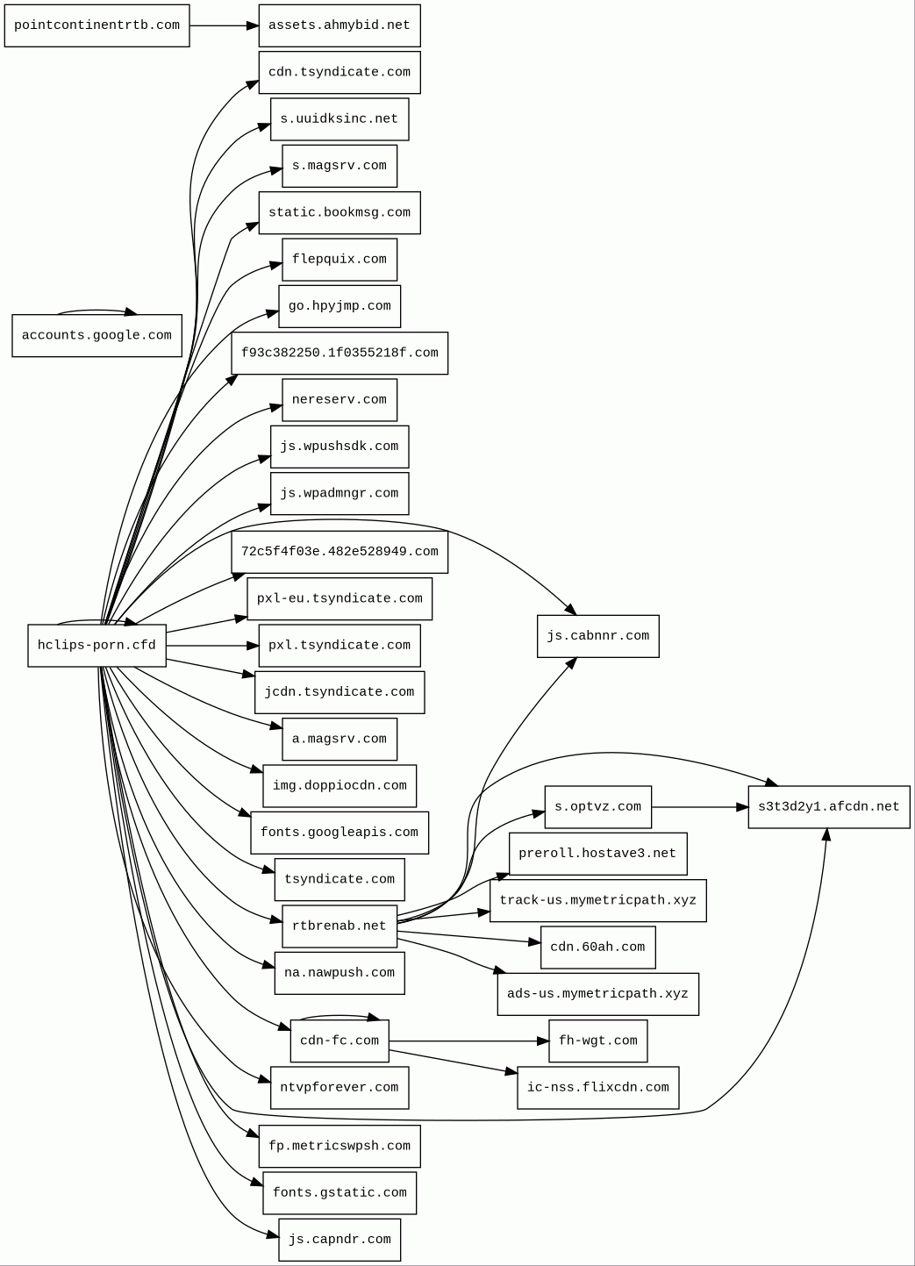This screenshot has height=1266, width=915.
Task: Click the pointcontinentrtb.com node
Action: pyautogui.click(x=97, y=25)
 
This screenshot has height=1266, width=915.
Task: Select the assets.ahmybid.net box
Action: pyautogui.click(x=340, y=25)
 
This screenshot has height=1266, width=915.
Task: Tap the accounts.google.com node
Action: pyautogui.click(x=97, y=335)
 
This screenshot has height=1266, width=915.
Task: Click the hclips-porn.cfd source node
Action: pyautogui.click(x=97, y=645)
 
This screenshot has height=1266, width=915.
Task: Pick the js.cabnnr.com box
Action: pyautogui.click(x=597, y=636)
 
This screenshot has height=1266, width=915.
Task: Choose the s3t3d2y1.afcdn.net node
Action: pyautogui.click(x=828, y=806)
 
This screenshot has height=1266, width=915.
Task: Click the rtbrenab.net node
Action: pyautogui.click(x=340, y=926)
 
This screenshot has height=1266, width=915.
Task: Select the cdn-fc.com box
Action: pyautogui.click(x=340, y=1041)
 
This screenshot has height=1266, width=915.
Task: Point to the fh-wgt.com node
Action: pyautogui.click(x=597, y=1041)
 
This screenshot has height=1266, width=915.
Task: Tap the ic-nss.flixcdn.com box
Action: pyautogui.click(x=597, y=1087)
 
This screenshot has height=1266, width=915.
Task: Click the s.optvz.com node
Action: pyautogui.click(x=597, y=806)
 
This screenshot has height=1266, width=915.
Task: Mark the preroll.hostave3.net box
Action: pyautogui.click(x=597, y=853)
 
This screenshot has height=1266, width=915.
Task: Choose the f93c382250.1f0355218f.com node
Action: pyautogui.click(x=340, y=353)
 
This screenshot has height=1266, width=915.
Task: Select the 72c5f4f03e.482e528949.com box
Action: pyautogui.click(x=340, y=552)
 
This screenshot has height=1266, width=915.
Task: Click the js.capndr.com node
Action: pyautogui.click(x=340, y=1239)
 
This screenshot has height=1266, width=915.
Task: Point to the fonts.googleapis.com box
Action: pyautogui.click(x=340, y=832)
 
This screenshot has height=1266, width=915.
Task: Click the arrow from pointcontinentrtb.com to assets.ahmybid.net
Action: pyautogui.click(x=224, y=25)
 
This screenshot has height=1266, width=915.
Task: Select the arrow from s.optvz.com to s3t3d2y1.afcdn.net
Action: pyautogui.click(x=699, y=806)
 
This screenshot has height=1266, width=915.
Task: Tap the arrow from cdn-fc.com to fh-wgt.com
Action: pyautogui.click(x=468, y=1041)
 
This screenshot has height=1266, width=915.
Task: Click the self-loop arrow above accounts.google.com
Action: pyautogui.click(x=97, y=310)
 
